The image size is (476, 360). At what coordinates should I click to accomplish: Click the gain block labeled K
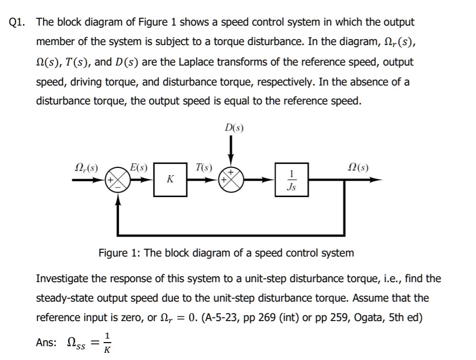pos(171,180)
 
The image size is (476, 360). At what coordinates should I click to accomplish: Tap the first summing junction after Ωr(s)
pos(119,180)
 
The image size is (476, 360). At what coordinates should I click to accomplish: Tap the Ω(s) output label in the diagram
pos(358,167)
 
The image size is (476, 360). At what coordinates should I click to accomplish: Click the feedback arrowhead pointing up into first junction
pos(119,202)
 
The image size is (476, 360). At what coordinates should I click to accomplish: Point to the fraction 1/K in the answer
pos(106,343)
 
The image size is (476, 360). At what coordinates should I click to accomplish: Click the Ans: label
pos(47,343)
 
